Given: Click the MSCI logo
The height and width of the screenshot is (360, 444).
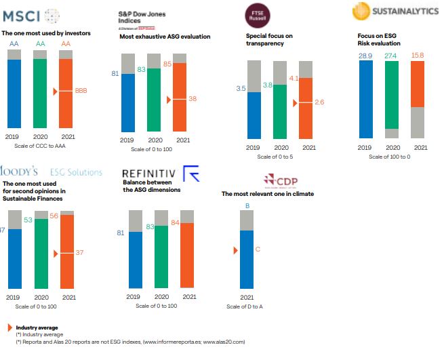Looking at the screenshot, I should (x=31, y=15).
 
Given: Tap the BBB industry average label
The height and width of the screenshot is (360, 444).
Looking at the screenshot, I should (x=80, y=90).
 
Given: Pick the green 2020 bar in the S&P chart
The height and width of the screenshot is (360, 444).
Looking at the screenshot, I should (x=155, y=100).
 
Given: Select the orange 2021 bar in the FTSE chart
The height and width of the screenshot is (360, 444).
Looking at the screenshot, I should (x=306, y=108).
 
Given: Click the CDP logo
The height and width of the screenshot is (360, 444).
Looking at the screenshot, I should (x=281, y=181).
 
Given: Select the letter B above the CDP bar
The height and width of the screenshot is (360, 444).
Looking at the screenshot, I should (x=247, y=205).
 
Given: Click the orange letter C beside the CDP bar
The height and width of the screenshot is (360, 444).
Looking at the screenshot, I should (x=258, y=250).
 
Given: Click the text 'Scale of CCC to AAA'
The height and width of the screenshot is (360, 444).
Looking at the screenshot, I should (x=40, y=146).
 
